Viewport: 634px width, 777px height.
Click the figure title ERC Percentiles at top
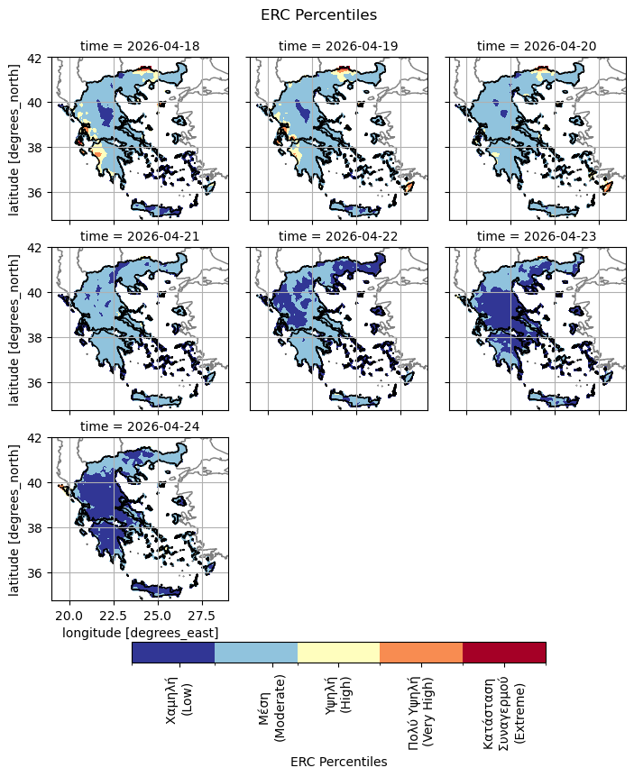click(x=318, y=14)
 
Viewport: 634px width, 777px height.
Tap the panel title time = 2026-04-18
click(x=140, y=46)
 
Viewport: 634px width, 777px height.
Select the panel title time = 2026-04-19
click(x=338, y=46)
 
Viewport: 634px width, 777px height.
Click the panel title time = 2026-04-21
click(x=140, y=236)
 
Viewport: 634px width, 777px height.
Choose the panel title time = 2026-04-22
click(x=338, y=236)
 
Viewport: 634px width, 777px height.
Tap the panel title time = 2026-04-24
click(x=140, y=426)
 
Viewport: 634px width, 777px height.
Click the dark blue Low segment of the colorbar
click(x=173, y=652)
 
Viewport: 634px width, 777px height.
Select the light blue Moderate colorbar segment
click(x=256, y=652)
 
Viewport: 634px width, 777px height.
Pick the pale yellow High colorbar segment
click(x=338, y=652)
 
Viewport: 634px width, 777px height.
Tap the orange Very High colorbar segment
click(x=421, y=652)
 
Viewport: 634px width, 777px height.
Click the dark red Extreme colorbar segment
click(x=504, y=652)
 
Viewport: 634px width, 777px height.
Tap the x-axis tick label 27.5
click(x=202, y=616)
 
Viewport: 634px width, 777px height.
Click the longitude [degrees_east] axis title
click(x=140, y=633)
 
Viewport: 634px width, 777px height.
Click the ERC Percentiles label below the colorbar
click(x=338, y=762)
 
